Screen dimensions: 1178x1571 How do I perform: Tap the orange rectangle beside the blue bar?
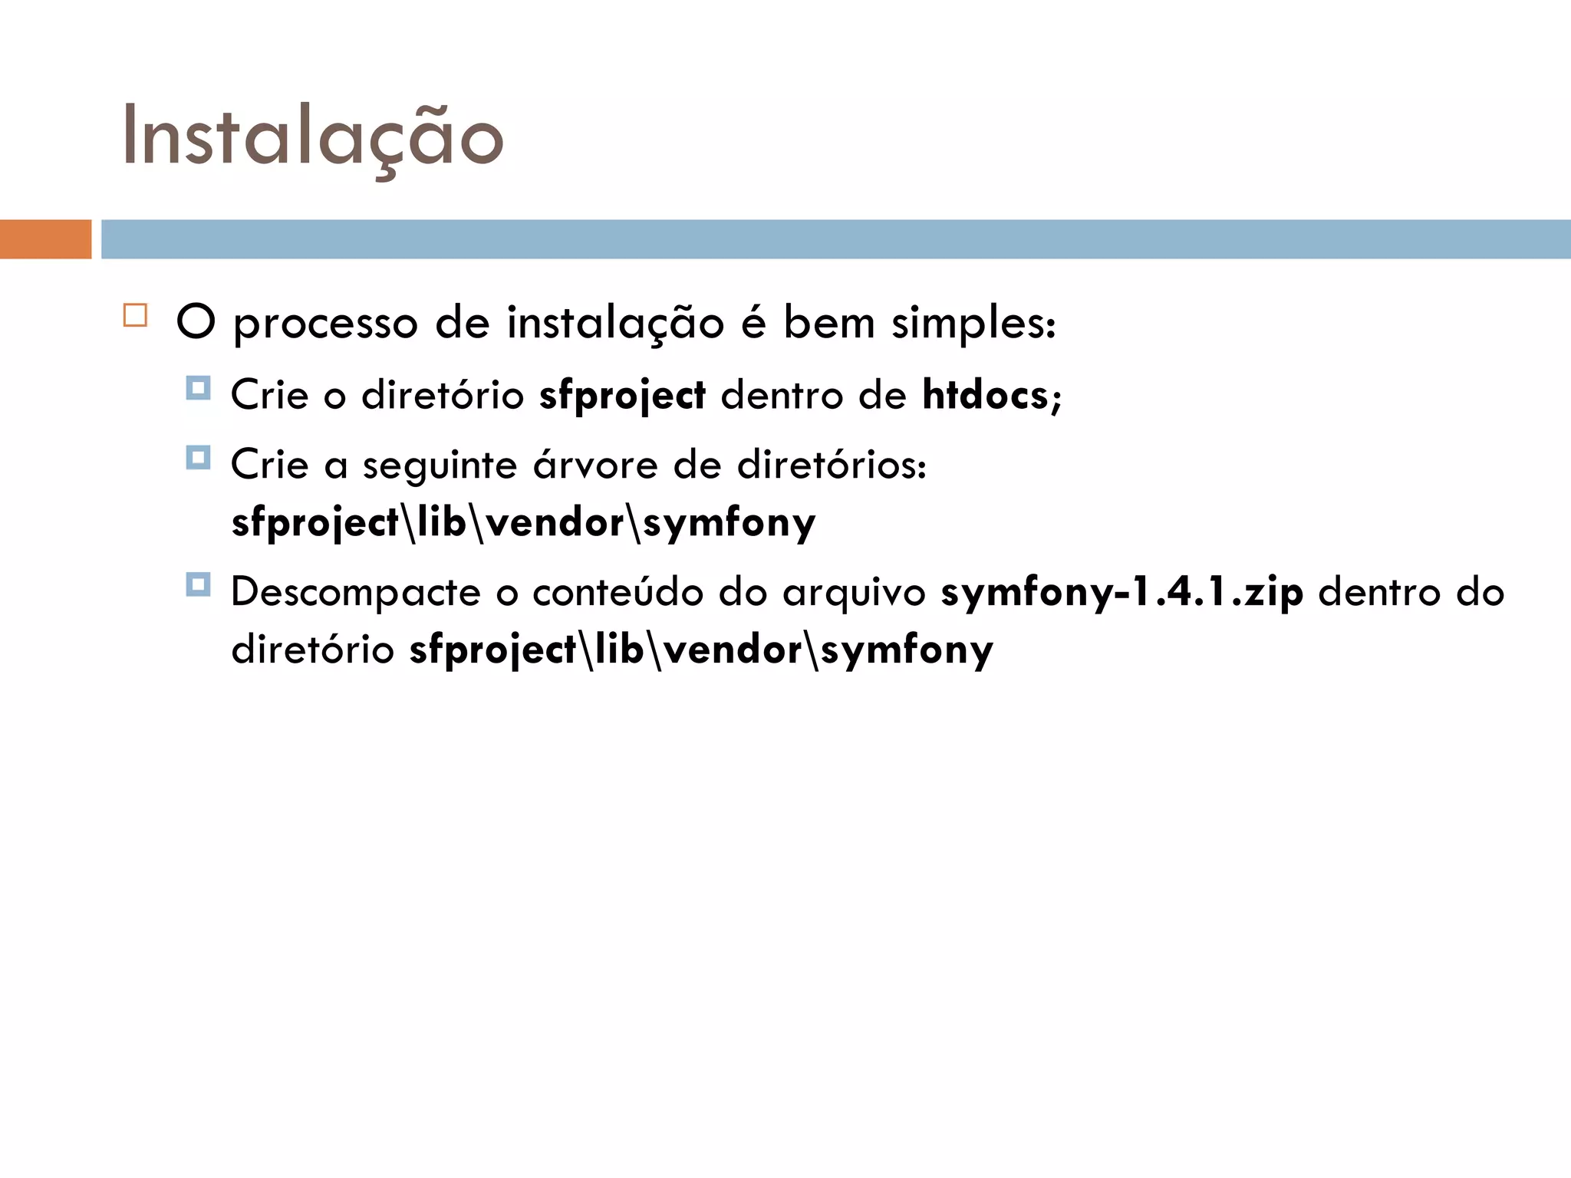tap(45, 239)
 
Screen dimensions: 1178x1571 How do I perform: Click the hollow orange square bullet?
tap(135, 315)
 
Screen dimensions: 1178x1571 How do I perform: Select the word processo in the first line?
tap(325, 324)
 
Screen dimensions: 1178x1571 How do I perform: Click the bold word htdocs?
tap(985, 395)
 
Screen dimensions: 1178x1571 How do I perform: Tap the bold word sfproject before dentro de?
tap(622, 397)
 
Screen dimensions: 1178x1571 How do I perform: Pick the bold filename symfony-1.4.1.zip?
tap(1121, 593)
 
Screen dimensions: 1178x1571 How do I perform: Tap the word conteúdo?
tap(618, 593)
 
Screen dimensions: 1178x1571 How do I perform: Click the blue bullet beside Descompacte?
tap(198, 584)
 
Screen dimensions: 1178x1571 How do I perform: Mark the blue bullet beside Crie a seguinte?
tap(198, 458)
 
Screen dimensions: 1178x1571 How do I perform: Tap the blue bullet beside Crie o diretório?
tap(198, 388)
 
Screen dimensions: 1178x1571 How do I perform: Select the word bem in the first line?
tap(828, 323)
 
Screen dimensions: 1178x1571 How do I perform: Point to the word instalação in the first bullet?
tap(615, 324)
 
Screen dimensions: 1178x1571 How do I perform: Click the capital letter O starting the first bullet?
tap(196, 322)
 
